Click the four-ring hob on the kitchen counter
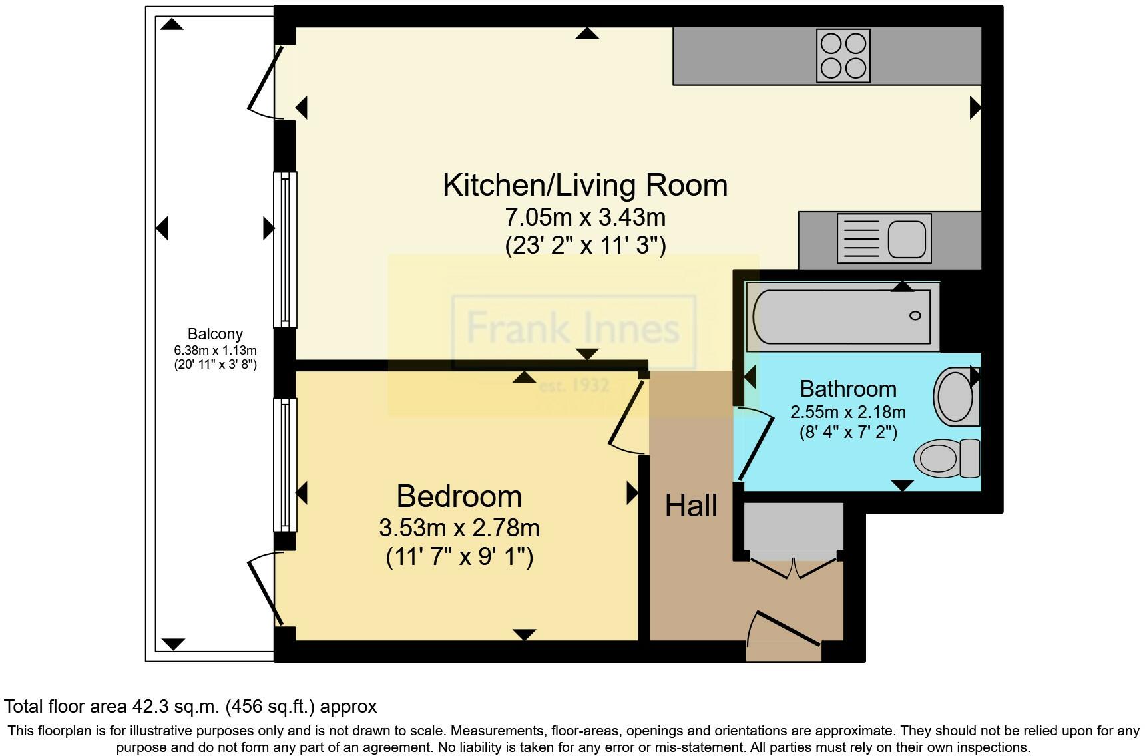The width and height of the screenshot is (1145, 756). [843, 56]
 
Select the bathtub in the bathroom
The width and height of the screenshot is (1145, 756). [842, 317]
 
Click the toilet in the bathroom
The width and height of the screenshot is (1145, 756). [946, 458]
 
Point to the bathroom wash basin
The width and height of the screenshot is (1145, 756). [956, 397]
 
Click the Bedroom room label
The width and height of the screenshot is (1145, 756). [459, 496]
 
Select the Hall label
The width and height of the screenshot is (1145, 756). [691, 506]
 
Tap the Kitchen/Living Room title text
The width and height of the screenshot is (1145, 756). [584, 185]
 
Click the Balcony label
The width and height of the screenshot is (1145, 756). [215, 334]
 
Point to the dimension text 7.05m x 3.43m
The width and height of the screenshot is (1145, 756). [585, 217]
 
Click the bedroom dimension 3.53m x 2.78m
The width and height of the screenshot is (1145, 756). [459, 528]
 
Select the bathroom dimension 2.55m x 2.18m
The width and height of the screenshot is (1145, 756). [847, 412]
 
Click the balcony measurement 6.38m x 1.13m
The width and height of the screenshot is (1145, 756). [215, 350]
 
